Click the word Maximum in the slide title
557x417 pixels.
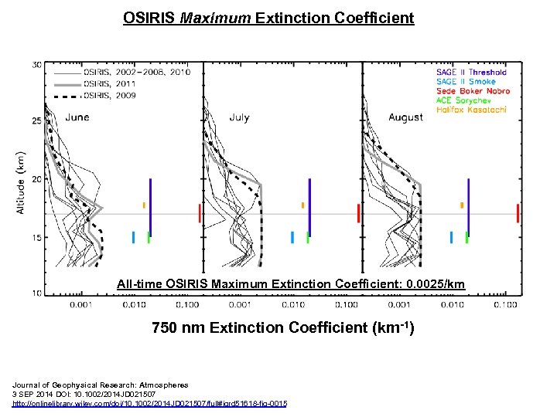(214, 17)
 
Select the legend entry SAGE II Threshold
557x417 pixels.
(471, 73)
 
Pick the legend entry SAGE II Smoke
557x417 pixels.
(465, 82)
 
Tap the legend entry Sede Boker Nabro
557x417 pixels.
(473, 91)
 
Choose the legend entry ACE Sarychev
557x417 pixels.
(464, 100)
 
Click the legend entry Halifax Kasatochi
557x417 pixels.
(471, 110)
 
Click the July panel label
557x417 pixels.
(239, 117)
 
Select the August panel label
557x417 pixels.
(405, 117)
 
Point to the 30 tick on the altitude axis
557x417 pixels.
(37, 65)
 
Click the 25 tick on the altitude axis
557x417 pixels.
(37, 121)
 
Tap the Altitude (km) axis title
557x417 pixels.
(21, 182)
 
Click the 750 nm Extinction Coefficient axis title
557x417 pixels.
(282, 327)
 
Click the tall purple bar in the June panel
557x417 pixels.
(150, 207)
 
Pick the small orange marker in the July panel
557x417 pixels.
(302, 205)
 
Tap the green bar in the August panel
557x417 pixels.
(467, 238)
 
